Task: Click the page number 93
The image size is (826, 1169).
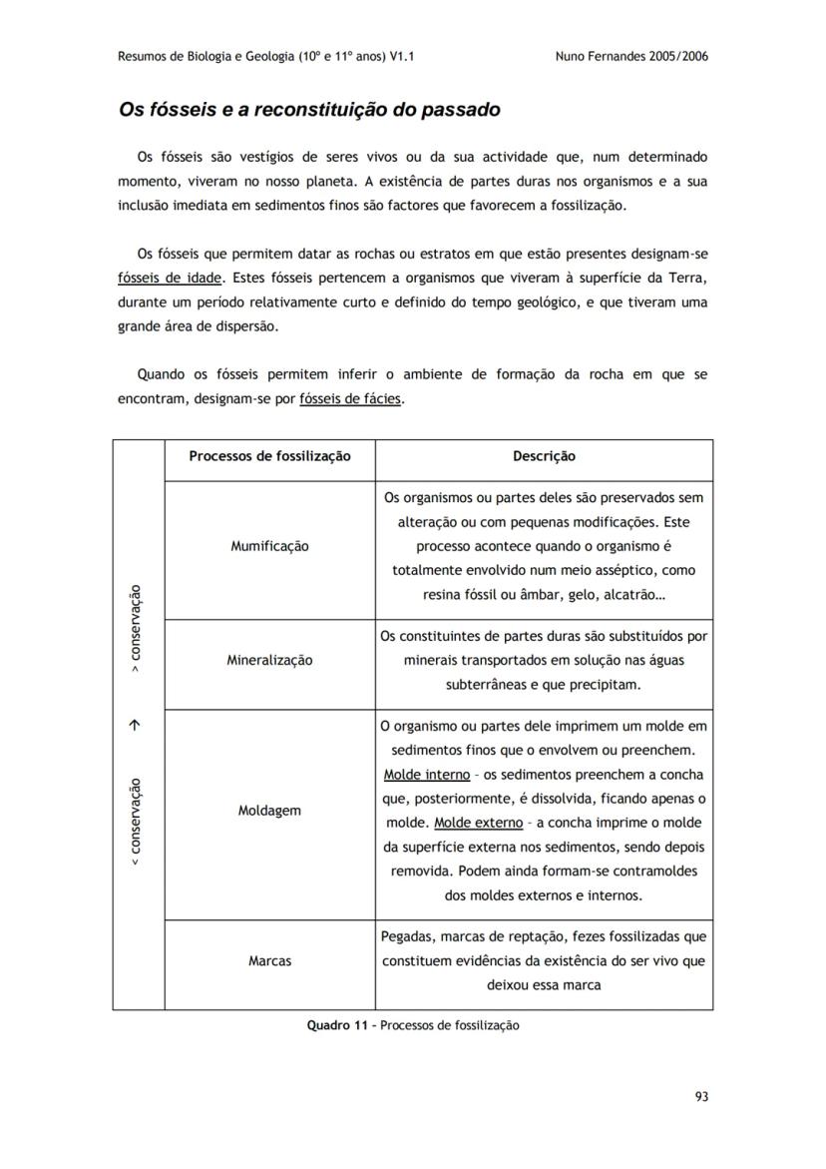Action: click(701, 1096)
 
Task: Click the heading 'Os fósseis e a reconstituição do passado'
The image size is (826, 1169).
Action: click(309, 109)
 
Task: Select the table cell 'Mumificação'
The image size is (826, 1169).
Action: click(269, 546)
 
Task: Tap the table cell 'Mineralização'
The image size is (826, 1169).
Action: click(269, 660)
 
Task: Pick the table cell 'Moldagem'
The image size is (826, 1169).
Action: click(269, 811)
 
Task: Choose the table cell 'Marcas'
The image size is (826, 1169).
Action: click(269, 960)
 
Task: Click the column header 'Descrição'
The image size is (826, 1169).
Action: click(544, 456)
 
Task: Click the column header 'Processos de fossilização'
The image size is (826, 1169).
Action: click(269, 456)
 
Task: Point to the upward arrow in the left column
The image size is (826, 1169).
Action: click(138, 726)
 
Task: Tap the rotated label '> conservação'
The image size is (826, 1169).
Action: click(138, 629)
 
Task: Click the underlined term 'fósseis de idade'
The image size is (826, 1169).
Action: click(169, 278)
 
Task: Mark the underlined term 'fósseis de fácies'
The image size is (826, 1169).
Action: click(351, 398)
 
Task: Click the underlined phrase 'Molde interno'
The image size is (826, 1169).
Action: click(420, 775)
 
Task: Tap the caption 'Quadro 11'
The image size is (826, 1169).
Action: click(339, 1025)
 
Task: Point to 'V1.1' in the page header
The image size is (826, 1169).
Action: click(401, 56)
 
